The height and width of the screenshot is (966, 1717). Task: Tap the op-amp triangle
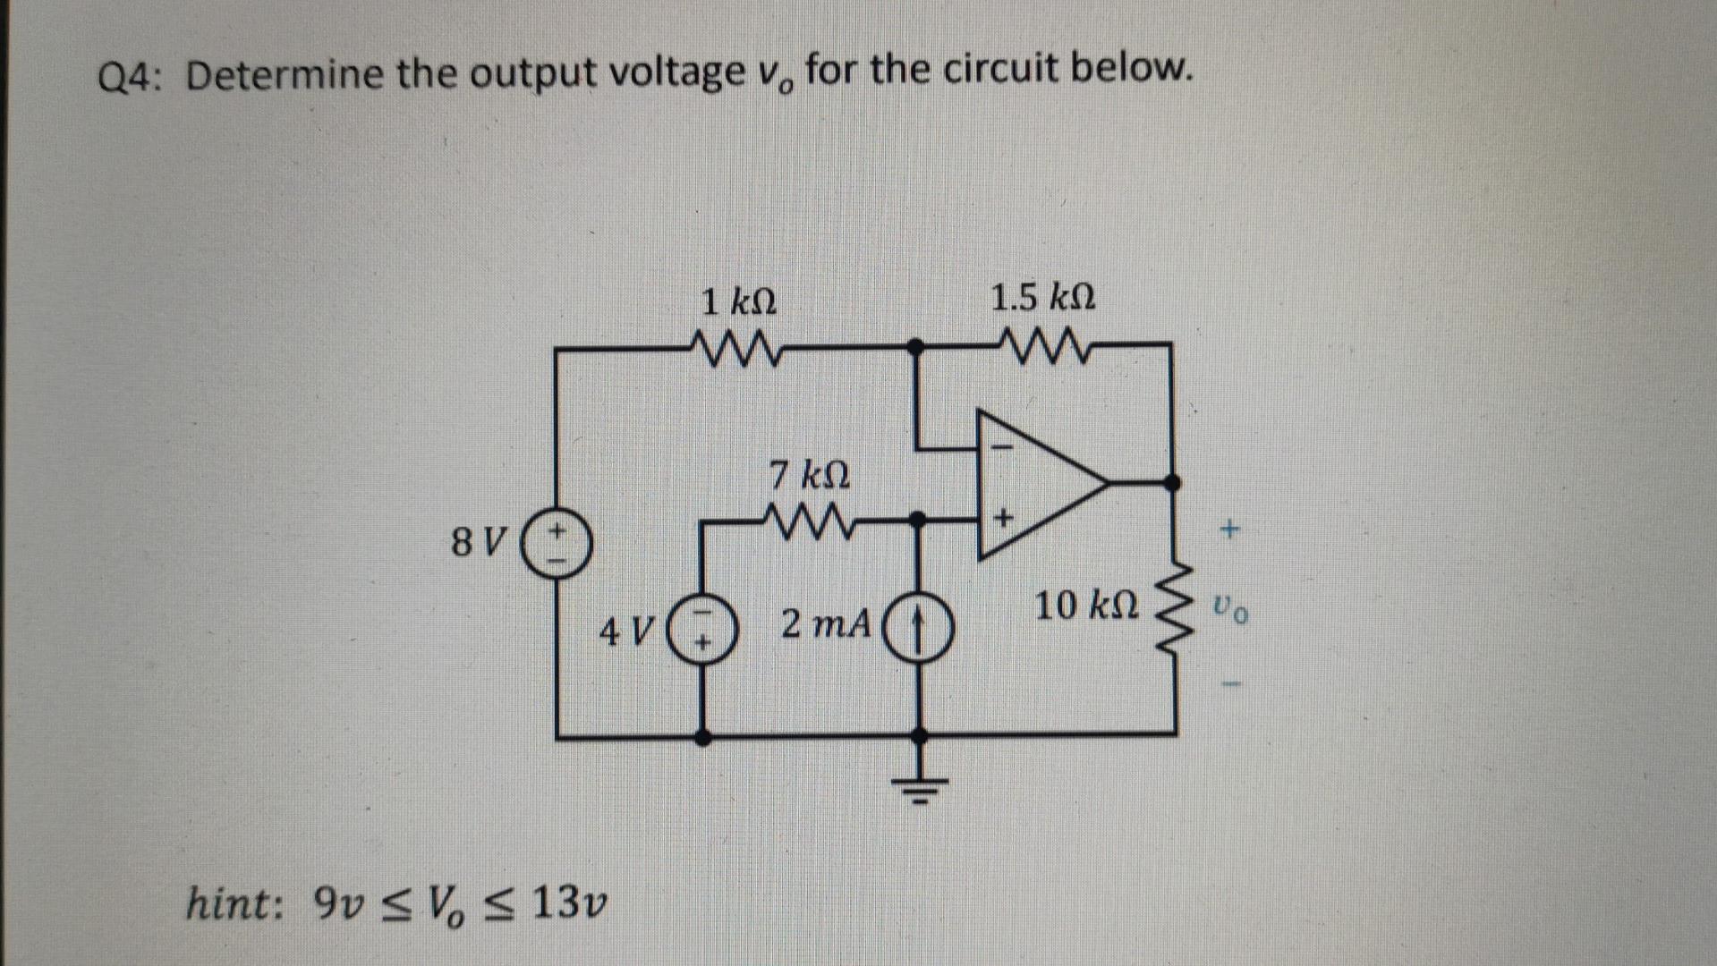1038,484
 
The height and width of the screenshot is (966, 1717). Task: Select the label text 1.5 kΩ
1042,297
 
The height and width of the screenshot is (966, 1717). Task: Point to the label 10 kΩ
1086,606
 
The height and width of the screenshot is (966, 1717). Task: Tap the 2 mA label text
825,623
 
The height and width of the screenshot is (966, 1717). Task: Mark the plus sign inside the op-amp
1003,517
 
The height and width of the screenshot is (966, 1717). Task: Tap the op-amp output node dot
1171,483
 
